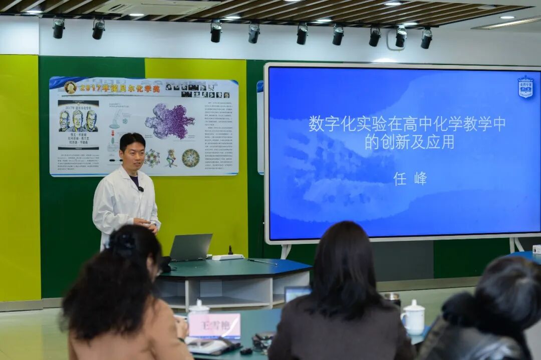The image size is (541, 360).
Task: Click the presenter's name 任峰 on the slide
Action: click(x=410, y=178)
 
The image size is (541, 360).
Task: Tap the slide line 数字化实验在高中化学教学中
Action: click(x=407, y=124)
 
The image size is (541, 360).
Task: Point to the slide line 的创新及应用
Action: click(x=409, y=142)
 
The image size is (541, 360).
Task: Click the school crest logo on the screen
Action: click(x=525, y=86)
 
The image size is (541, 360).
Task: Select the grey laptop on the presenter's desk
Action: click(x=191, y=247)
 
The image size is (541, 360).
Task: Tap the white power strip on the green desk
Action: click(x=227, y=257)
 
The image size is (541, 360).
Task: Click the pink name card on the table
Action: click(x=214, y=325)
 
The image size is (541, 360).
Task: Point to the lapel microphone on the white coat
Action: click(x=141, y=189)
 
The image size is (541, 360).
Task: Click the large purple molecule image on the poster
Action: click(x=170, y=121)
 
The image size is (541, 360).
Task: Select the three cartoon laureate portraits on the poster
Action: click(x=78, y=121)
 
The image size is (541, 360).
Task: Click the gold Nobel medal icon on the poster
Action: click(x=70, y=88)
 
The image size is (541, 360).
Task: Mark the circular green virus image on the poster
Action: click(x=190, y=158)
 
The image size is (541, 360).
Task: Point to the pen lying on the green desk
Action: click(x=262, y=261)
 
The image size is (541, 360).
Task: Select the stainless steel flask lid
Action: click(x=392, y=296)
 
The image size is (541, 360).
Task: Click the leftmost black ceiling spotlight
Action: click(x=59, y=29)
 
